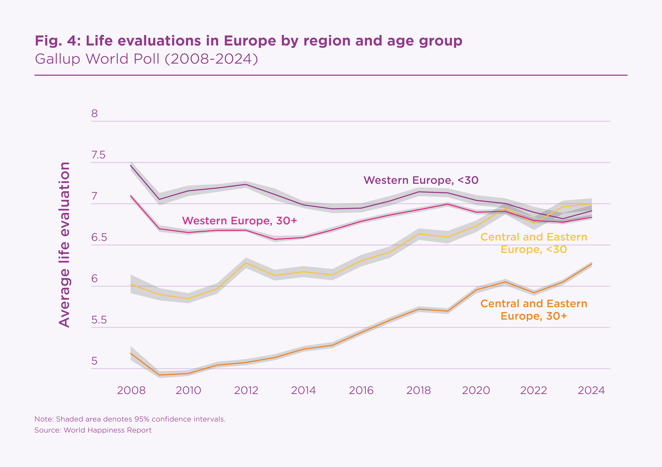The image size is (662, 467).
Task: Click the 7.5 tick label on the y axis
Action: click(98, 155)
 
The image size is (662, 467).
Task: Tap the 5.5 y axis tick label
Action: click(99, 320)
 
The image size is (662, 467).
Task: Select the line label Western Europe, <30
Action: click(421, 180)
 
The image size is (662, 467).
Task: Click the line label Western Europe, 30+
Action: click(239, 221)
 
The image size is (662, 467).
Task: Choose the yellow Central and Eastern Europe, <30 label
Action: click(534, 243)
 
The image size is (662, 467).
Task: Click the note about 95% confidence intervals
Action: click(130, 419)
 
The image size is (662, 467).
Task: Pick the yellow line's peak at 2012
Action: click(246, 263)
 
